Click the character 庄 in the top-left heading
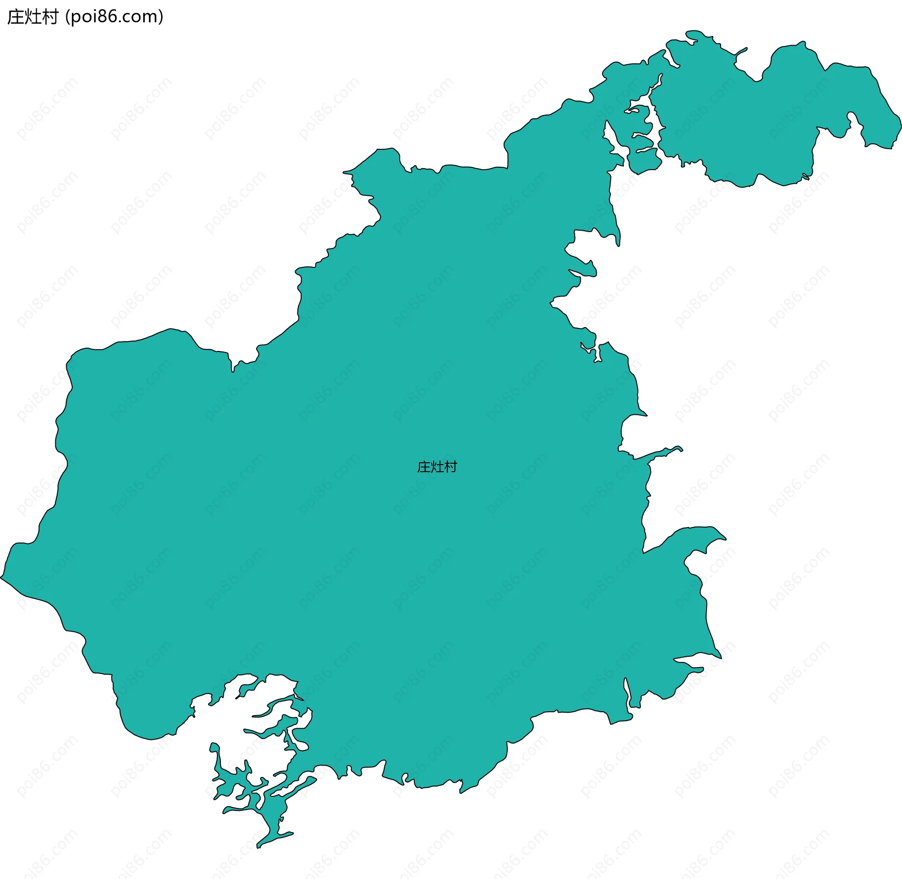(x=16, y=17)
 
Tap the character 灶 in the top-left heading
(x=33, y=17)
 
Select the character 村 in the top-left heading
(x=50, y=17)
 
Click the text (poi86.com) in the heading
(x=115, y=17)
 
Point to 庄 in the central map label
(x=424, y=467)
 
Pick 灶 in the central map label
(x=437, y=467)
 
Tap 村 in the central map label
(x=451, y=467)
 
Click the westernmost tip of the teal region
(x=1, y=577)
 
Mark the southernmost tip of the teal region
(x=258, y=848)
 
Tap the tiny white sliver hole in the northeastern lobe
(x=806, y=177)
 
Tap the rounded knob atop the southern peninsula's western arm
(x=214, y=747)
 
